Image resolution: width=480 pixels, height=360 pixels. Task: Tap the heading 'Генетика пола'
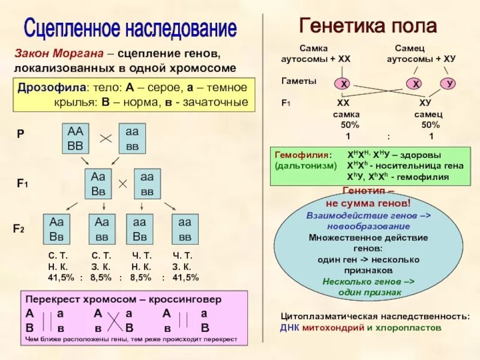(368, 26)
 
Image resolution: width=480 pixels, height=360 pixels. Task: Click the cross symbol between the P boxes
(106, 139)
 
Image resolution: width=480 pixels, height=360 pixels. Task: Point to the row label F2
(19, 229)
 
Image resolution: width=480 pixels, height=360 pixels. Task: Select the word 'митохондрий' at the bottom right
(332, 328)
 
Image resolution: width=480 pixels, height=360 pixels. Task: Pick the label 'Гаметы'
(299, 80)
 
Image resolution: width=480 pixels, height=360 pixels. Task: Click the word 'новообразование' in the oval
(368, 226)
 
